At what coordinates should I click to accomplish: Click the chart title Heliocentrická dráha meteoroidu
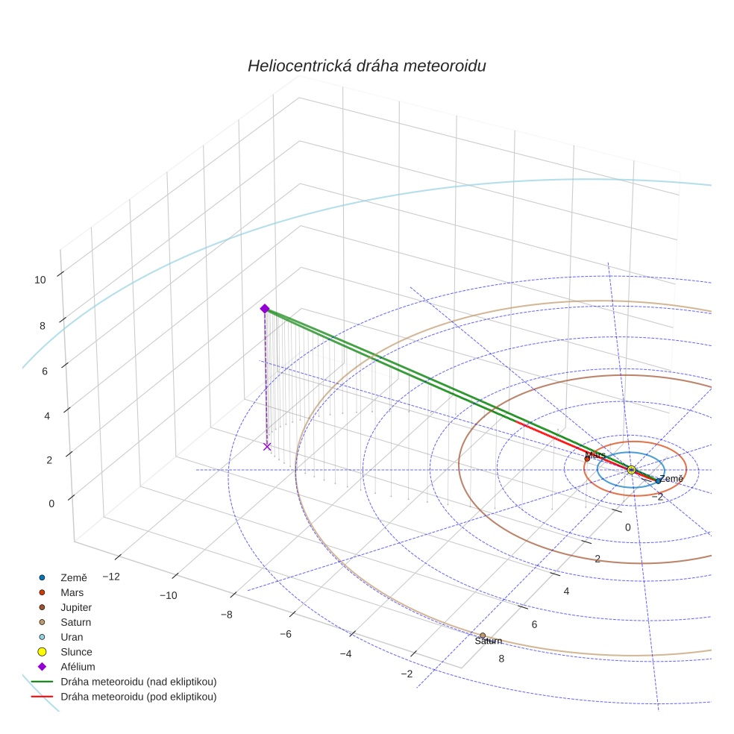pos(366,66)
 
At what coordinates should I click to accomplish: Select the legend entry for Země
pos(73,577)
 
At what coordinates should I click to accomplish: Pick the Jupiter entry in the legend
pos(76,607)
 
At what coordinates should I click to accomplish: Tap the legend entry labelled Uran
pos(72,637)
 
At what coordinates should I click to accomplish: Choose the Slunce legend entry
pos(76,652)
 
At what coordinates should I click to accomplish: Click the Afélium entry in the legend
pos(78,667)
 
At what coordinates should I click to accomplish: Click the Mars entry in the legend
pos(72,592)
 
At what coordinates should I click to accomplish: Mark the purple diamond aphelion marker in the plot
pos(264,308)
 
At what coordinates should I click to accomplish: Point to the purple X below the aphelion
pos(267,446)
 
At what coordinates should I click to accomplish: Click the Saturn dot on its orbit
pos(483,636)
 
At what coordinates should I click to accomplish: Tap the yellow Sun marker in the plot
pos(631,469)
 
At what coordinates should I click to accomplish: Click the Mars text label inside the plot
pos(595,455)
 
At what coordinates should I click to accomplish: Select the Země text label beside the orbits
pos(671,479)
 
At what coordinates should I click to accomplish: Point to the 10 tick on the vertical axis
pos(40,280)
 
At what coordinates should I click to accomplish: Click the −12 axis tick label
pos(112,577)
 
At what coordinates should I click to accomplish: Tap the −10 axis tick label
pos(168,595)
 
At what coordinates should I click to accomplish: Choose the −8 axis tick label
pos(227,615)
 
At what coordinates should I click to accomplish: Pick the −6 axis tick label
pos(286,634)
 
